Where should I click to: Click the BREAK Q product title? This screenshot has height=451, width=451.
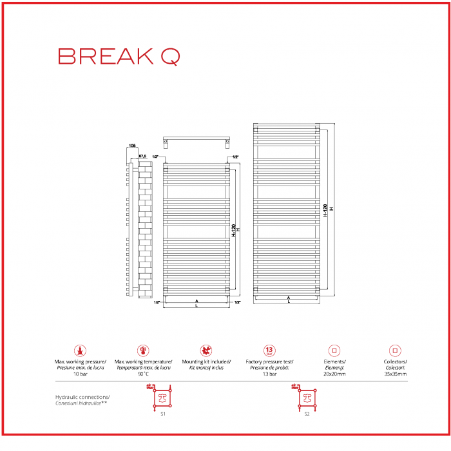coord(119,57)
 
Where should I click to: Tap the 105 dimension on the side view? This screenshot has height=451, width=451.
coord(132,146)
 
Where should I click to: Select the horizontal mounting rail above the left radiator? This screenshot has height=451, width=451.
coord(197,140)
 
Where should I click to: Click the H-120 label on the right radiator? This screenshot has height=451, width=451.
coord(326,210)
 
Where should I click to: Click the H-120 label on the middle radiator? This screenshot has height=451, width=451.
coord(233,230)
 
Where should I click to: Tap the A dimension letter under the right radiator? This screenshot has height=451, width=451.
coord(288,298)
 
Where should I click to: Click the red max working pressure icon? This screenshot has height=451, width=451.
coord(80,351)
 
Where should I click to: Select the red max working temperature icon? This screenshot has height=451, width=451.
coord(143,351)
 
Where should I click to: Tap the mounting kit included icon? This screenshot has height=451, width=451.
coord(206,351)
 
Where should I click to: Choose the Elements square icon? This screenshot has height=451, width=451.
coord(334,351)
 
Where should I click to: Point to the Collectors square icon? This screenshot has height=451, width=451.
coord(395,351)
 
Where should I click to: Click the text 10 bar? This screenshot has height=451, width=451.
coord(80,374)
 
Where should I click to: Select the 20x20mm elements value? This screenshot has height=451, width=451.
coord(334,374)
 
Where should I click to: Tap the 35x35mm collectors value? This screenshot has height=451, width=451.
coord(395,374)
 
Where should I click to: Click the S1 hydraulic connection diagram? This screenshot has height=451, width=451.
coord(162,398)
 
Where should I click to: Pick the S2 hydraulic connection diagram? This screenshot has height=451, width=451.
coord(307,398)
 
